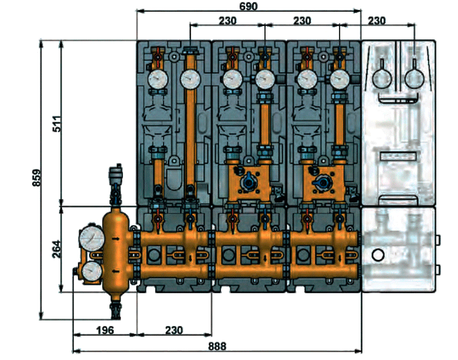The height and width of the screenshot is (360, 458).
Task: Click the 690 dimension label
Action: coord(249,6)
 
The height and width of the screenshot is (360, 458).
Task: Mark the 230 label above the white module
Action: coord(377,20)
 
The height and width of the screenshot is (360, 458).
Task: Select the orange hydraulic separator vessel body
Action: coord(118,252)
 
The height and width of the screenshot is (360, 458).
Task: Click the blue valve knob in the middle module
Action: coord(246,183)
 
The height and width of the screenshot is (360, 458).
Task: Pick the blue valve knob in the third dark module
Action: coord(321,183)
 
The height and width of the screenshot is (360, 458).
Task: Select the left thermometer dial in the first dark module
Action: coord(157,81)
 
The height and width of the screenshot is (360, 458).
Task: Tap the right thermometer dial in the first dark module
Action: coord(190,81)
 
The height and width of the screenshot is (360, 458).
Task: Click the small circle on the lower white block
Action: coord(378,254)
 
